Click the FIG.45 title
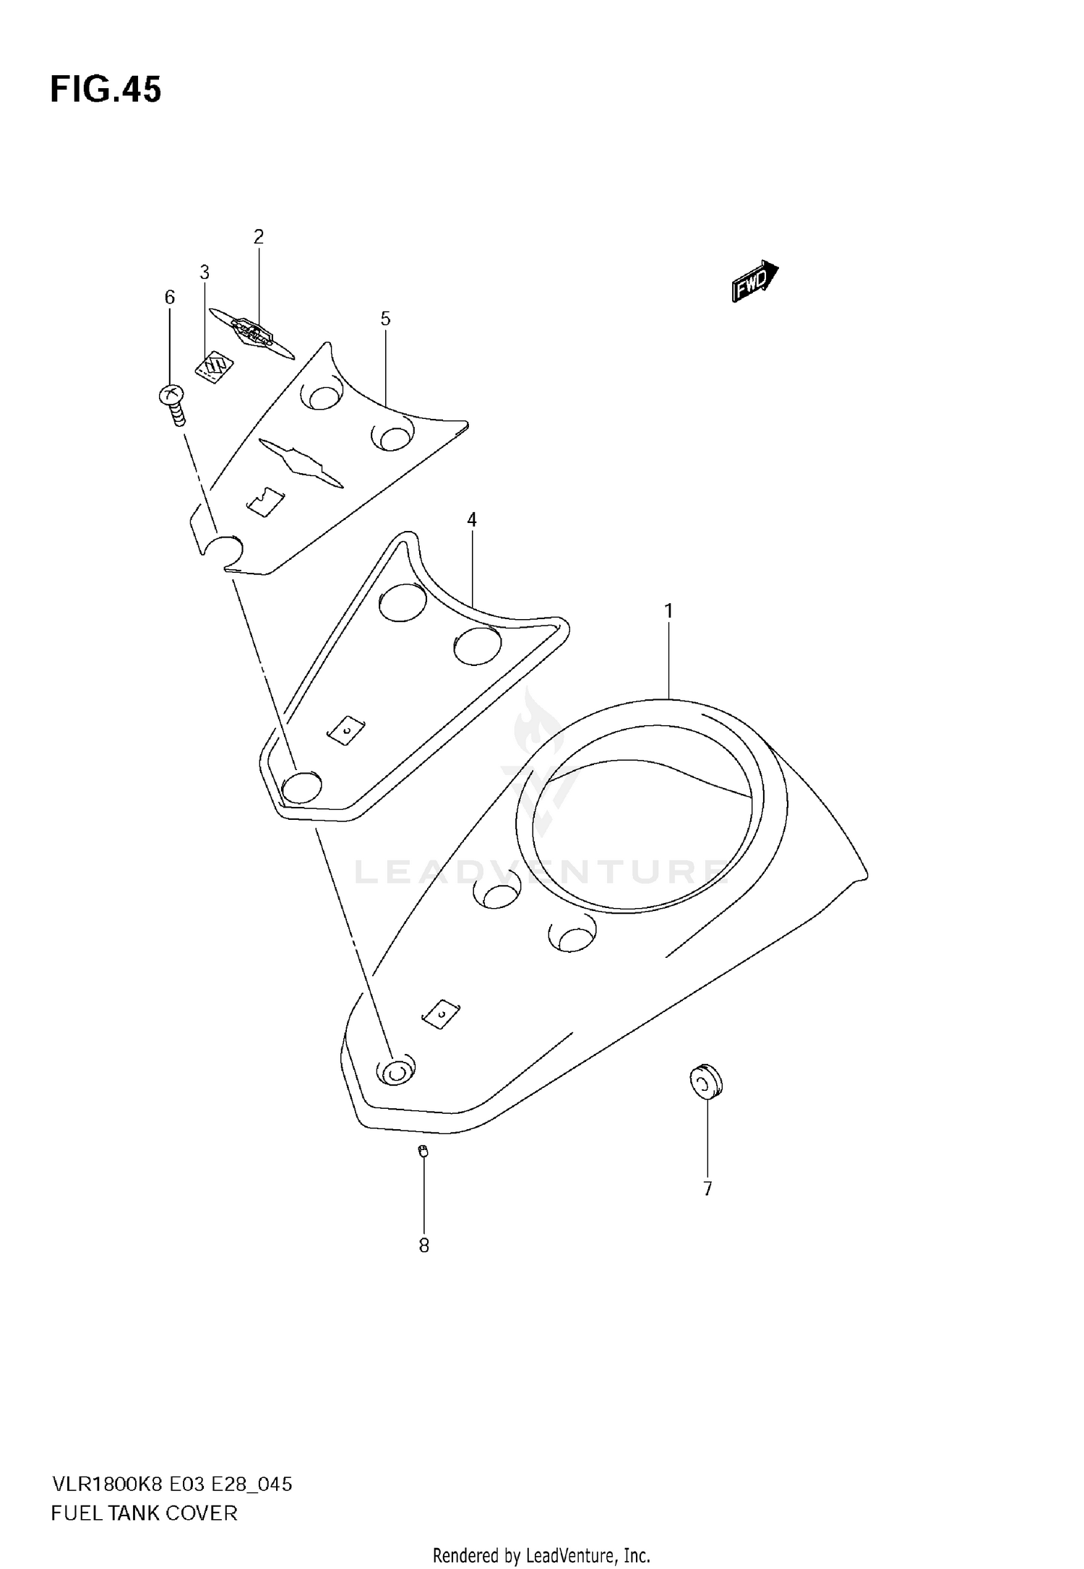click(x=106, y=90)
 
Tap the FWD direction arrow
click(x=754, y=281)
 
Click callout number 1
click(x=668, y=611)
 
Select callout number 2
click(x=259, y=236)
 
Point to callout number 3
click(x=205, y=272)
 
